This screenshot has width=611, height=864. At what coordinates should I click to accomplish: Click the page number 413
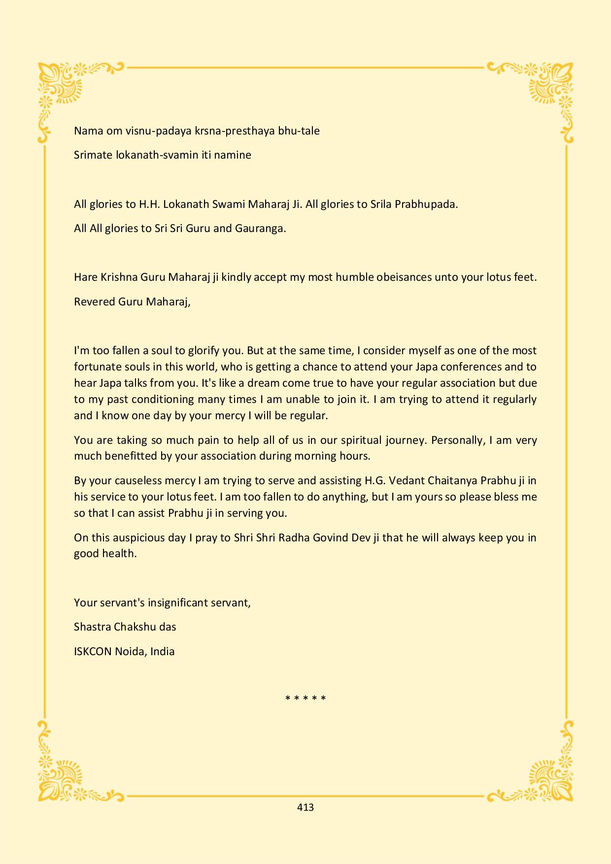pos(305,807)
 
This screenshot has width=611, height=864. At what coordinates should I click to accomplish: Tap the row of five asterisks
pos(305,698)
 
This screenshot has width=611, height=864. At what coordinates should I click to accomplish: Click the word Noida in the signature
pos(131,651)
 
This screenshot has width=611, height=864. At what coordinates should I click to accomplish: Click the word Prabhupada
pos(426,204)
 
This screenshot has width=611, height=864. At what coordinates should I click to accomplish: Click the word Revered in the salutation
pos(94,301)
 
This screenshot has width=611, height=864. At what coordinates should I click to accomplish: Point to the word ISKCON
pos(93,651)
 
